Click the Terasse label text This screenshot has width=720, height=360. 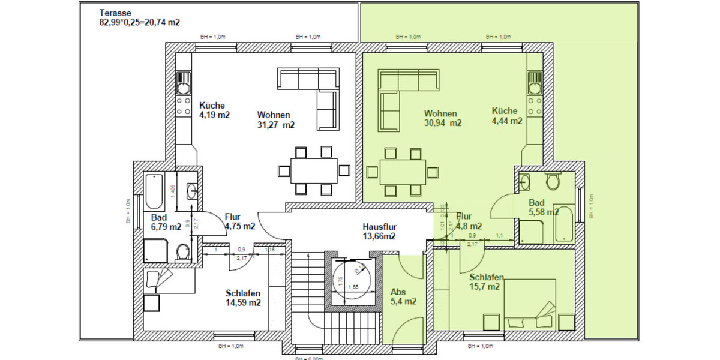(115, 13)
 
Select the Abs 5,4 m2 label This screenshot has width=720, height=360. (403, 296)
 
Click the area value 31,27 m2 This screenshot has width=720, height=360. (276, 125)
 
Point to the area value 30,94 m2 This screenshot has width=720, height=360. (442, 123)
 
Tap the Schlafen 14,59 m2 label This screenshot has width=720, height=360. (243, 298)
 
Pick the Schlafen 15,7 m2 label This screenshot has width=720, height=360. (486, 282)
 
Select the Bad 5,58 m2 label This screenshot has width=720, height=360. (544, 207)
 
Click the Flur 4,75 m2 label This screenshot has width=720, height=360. (239, 221)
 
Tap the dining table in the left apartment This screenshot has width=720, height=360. (314, 170)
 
